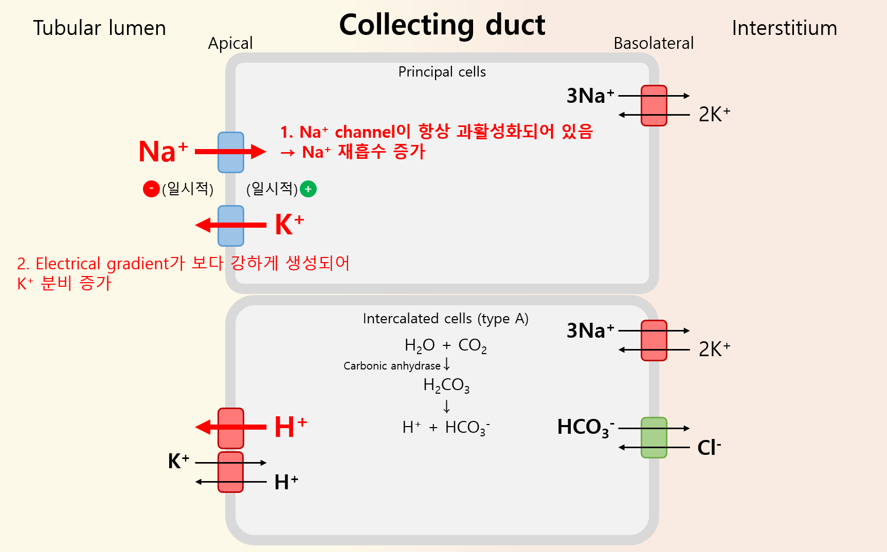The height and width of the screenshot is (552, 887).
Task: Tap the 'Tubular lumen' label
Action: point(99,28)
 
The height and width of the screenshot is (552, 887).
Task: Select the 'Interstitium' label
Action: point(784,28)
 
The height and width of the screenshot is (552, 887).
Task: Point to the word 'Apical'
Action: point(230,44)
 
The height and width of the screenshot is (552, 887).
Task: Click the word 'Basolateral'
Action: point(654,44)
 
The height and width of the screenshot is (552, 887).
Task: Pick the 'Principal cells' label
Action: point(442,72)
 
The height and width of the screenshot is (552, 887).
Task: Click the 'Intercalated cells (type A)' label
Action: point(445,319)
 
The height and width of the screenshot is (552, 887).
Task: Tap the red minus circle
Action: point(151,189)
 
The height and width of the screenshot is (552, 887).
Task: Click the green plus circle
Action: point(308,189)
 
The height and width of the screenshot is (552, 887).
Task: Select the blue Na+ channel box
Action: point(230,152)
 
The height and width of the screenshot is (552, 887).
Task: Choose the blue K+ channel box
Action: point(230,226)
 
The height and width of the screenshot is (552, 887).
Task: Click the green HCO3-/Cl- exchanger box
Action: point(654,437)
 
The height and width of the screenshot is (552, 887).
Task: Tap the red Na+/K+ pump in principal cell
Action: point(654,105)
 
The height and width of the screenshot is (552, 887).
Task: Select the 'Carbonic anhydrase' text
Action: point(392,366)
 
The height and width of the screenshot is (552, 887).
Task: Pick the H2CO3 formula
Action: point(446,385)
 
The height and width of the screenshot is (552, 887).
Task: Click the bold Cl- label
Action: point(709,448)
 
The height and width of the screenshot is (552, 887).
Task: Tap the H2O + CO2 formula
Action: point(445,345)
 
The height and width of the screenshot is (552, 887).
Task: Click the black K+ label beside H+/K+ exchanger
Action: point(178,461)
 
